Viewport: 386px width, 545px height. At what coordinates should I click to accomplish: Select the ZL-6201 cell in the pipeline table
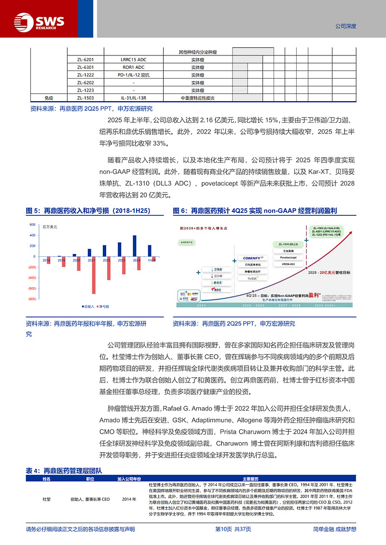[x=85, y=60]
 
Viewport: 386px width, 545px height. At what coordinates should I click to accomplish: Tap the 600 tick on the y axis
[x=32, y=225]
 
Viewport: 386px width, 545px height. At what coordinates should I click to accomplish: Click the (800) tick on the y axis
[x=32, y=299]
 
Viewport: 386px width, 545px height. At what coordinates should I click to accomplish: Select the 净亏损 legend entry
[x=104, y=306]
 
